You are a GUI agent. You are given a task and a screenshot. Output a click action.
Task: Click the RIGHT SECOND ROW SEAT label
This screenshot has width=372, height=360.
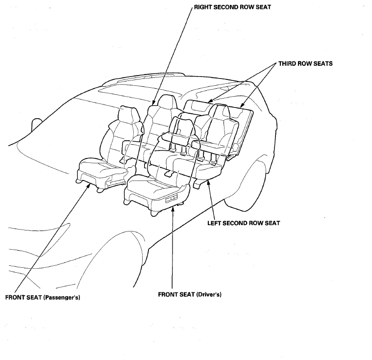[232, 7]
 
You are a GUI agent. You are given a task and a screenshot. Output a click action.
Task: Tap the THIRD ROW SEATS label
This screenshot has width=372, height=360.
[305, 64]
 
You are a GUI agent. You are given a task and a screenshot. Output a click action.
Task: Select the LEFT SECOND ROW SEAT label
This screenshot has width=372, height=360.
[244, 223]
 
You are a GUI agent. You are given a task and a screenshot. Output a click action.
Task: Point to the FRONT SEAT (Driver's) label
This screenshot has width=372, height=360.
[190, 295]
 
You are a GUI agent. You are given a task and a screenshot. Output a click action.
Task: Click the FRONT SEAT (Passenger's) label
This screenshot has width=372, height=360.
[43, 298]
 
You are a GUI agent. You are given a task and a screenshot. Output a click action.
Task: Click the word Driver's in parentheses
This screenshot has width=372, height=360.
[209, 295]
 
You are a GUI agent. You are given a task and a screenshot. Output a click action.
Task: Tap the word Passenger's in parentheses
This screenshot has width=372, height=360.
[62, 298]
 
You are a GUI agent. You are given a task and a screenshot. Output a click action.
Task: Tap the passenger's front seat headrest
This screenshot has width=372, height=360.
[128, 116]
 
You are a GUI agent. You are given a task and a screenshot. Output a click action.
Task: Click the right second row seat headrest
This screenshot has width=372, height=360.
[166, 103]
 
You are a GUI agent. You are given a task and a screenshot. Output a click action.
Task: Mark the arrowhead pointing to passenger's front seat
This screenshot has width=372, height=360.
[89, 185]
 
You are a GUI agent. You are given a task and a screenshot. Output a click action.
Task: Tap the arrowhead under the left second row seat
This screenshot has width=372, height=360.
[208, 182]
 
